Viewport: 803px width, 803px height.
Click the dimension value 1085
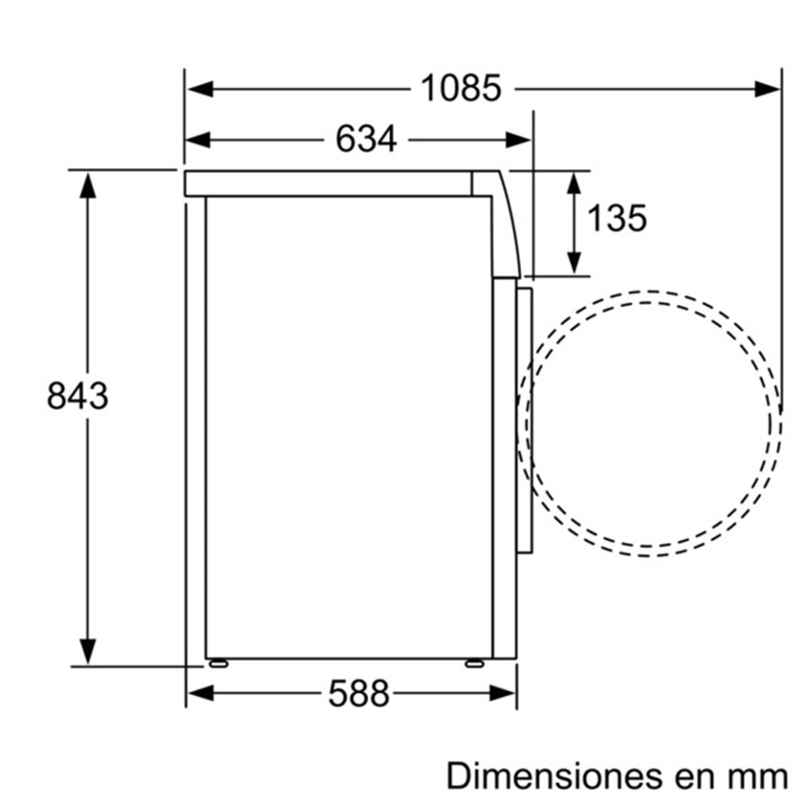[x=461, y=89]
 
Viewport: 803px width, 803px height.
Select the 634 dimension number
[x=365, y=139]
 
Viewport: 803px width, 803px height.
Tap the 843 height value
[x=77, y=396]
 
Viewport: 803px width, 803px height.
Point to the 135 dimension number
[x=617, y=218]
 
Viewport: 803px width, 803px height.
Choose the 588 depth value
[x=358, y=693]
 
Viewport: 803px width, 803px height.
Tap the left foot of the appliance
[x=219, y=663]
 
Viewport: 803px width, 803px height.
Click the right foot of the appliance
[x=474, y=663]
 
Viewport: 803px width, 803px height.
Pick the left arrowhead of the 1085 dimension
[x=200, y=89]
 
